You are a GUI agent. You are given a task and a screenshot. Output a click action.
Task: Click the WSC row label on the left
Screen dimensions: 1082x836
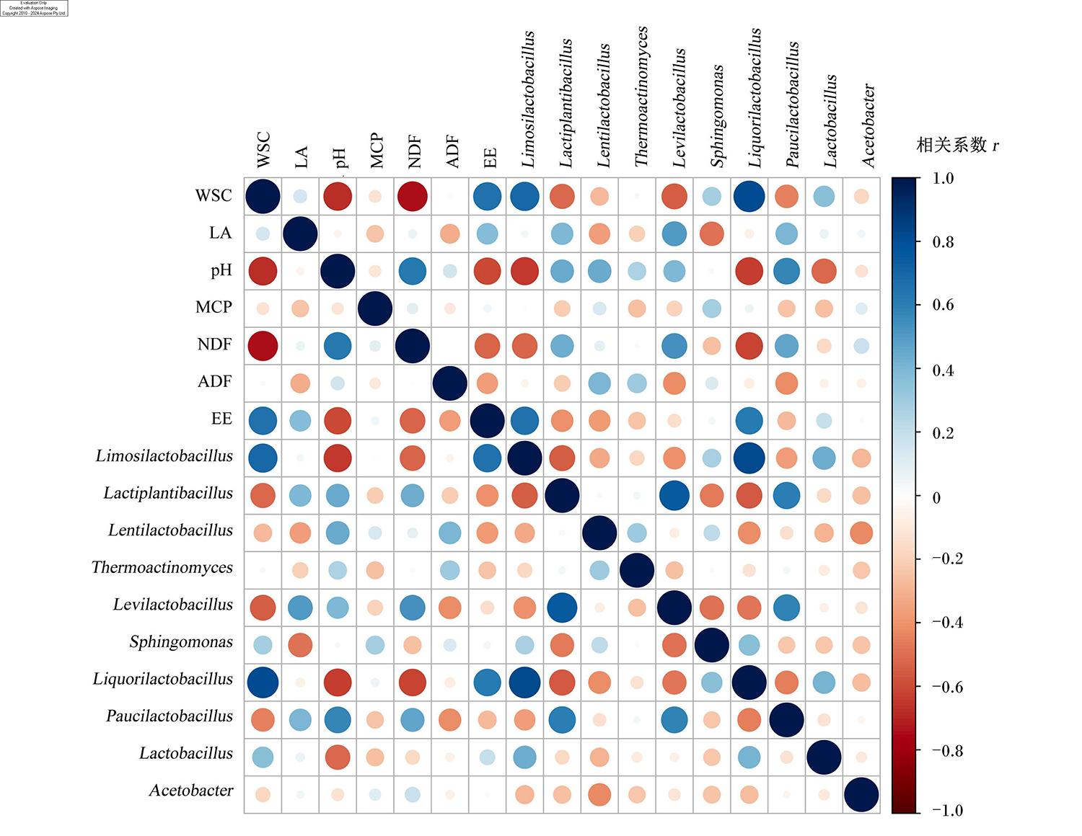(213, 195)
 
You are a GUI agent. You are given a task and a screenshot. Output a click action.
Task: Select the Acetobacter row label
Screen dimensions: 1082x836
(190, 791)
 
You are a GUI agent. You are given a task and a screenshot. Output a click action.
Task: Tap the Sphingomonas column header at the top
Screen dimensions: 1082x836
(716, 116)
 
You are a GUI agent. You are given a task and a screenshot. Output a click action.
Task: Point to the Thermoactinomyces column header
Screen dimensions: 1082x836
(641, 97)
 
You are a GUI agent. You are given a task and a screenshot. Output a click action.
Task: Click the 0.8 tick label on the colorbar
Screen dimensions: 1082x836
(943, 242)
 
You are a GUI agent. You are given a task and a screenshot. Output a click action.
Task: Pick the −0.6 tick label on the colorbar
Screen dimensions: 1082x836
(947, 688)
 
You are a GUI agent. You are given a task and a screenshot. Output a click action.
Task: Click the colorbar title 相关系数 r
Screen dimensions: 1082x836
(957, 145)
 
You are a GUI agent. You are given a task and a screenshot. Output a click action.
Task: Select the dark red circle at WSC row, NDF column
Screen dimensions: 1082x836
(413, 196)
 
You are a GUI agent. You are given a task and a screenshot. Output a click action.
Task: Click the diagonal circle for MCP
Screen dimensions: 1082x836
(375, 308)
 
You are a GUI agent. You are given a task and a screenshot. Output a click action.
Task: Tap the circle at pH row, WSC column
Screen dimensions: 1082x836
(263, 271)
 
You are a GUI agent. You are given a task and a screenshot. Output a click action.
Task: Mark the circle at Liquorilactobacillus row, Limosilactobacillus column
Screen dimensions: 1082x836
(525, 682)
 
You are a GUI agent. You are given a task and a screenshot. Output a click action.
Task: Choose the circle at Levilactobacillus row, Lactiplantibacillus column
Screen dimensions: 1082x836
(562, 608)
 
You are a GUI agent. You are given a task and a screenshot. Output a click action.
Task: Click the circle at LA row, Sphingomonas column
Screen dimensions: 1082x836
(711, 234)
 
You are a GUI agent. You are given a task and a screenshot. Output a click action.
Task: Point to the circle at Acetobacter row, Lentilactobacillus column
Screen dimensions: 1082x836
(599, 795)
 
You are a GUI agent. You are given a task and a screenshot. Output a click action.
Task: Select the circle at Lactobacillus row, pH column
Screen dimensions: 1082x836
(338, 757)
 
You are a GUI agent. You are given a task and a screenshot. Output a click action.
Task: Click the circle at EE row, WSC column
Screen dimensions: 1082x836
(263, 421)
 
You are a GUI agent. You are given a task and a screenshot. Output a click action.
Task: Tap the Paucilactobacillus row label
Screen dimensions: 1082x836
(170, 716)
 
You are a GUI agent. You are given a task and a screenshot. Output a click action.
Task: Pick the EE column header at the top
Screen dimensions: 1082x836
(490, 158)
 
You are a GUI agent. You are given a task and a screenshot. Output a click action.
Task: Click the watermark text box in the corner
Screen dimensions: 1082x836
(34, 8)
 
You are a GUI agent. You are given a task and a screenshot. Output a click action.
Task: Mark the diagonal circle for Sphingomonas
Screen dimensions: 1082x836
(711, 645)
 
